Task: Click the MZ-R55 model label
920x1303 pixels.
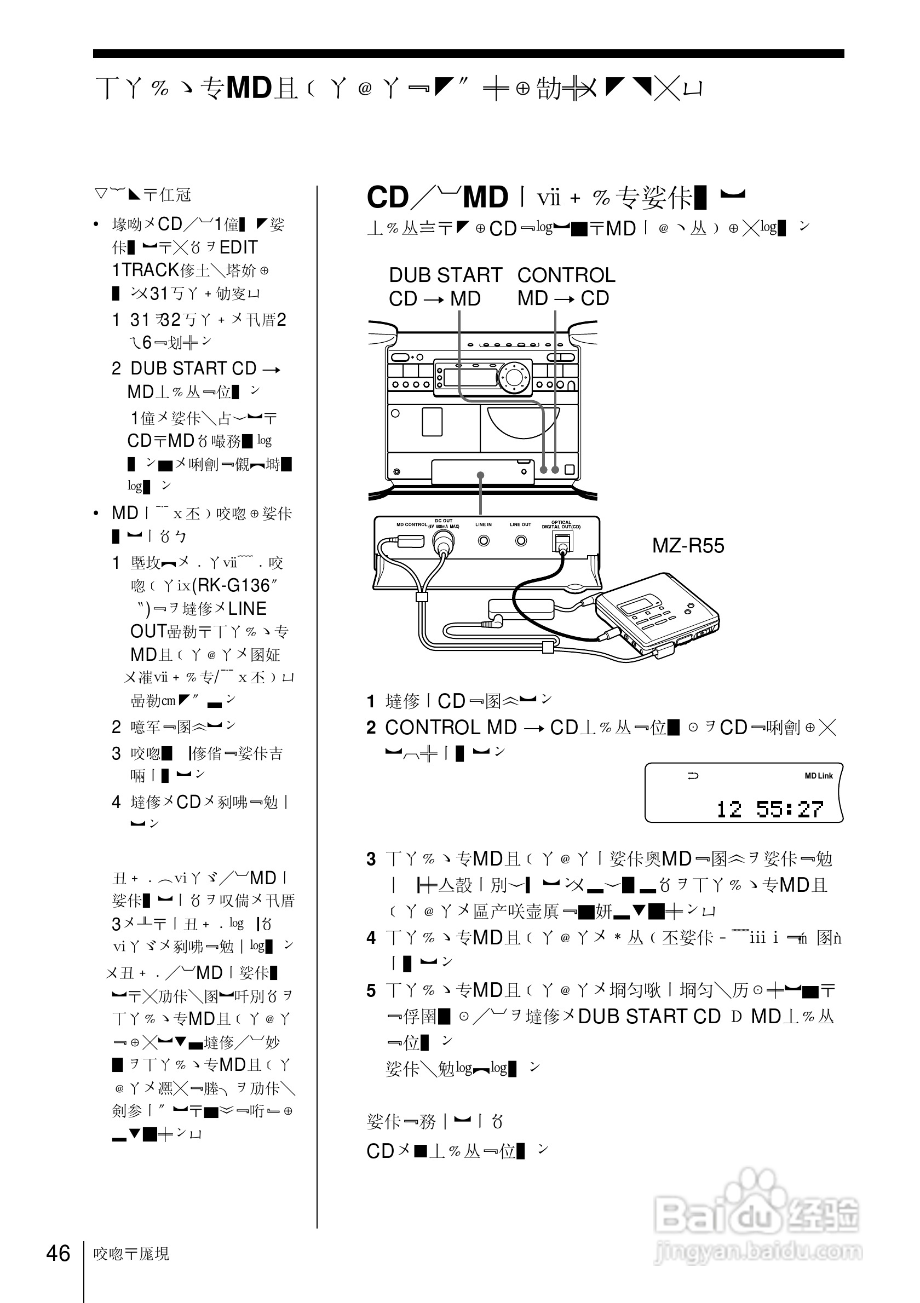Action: (x=688, y=546)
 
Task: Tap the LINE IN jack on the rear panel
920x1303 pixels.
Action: (x=484, y=540)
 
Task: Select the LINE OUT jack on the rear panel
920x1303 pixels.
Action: (x=520, y=540)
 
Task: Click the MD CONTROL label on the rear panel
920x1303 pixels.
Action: (x=411, y=524)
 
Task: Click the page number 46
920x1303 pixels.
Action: (x=58, y=1253)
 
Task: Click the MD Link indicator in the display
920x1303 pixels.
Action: (x=818, y=776)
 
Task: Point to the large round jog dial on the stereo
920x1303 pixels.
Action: (x=514, y=376)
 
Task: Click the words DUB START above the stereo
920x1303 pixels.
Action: (x=446, y=275)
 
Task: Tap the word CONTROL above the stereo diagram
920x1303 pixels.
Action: (x=566, y=275)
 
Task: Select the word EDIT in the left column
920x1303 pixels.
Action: (x=238, y=247)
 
